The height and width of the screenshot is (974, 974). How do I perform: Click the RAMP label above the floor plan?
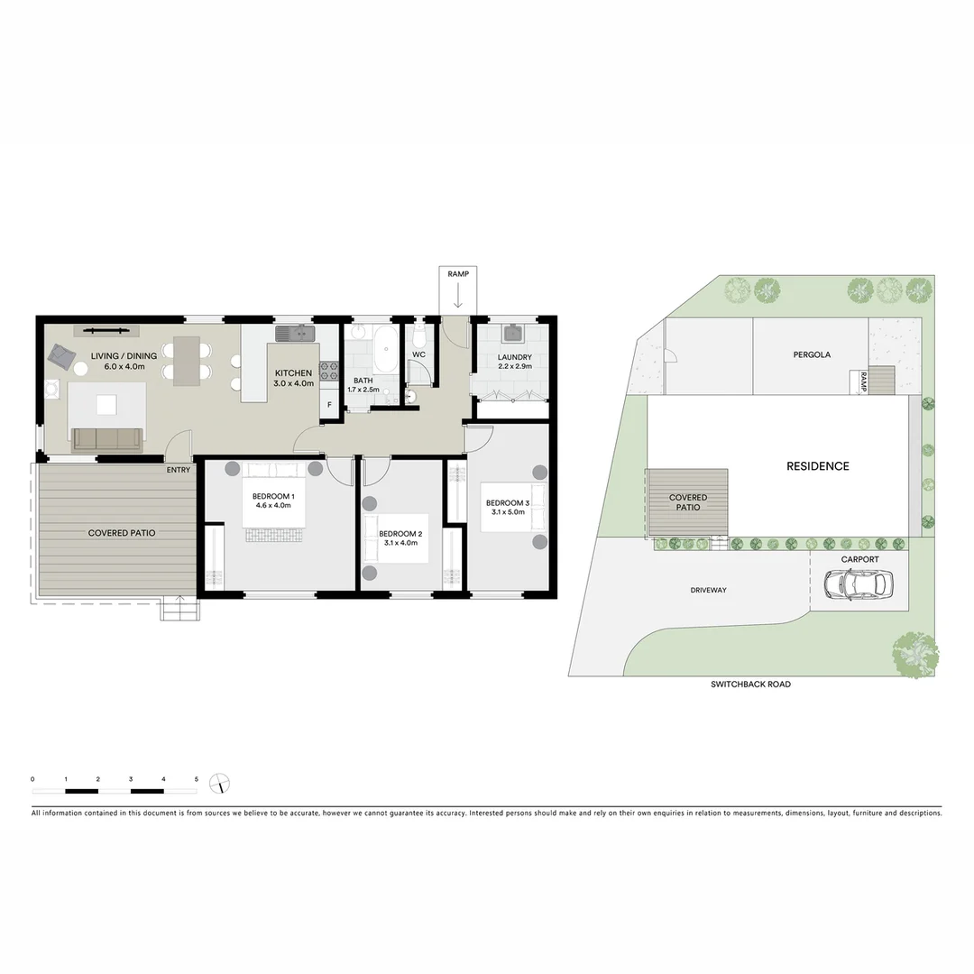[458, 272]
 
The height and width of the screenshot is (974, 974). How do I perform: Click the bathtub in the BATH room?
[386, 350]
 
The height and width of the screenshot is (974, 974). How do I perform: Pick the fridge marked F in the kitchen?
[329, 406]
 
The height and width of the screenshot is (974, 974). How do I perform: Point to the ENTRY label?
[179, 470]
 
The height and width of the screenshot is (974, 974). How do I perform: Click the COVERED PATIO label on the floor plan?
[122, 533]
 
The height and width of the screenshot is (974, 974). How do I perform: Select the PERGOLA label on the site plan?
[812, 354]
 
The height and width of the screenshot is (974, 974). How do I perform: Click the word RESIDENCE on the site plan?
[817, 466]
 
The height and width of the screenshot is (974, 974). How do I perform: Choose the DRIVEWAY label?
[708, 590]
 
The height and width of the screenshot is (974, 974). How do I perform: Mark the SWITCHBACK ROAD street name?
[750, 685]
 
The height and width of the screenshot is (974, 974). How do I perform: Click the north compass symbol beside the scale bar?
[219, 783]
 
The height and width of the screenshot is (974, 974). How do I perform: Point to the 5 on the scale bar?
[196, 778]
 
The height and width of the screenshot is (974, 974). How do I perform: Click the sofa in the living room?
[107, 439]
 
